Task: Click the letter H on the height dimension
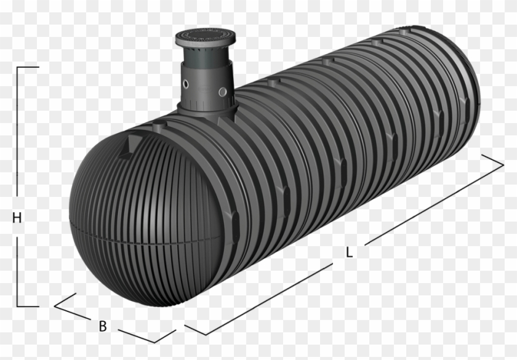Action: tap(17, 218)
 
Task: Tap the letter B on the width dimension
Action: tap(103, 326)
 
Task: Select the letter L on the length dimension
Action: tap(349, 252)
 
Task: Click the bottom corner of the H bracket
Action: tap(18, 306)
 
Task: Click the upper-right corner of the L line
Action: tap(503, 163)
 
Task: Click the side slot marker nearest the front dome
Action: tap(234, 216)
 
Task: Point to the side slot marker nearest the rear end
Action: tap(439, 114)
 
